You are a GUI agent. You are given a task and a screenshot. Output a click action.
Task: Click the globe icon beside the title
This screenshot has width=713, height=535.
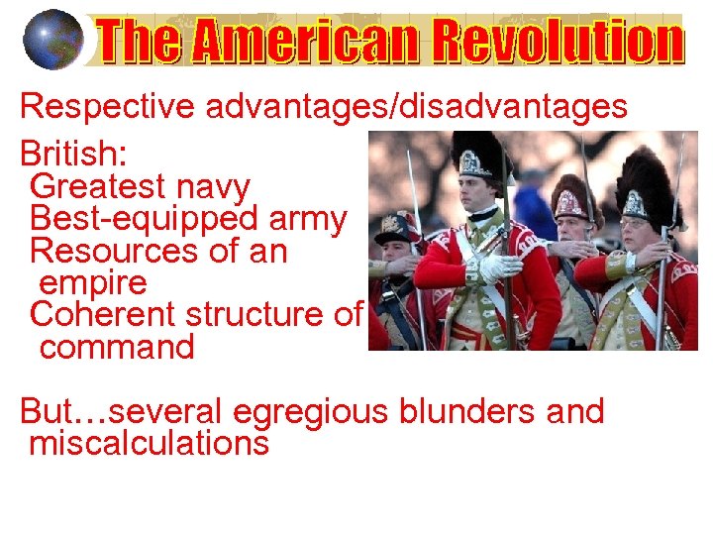click(52, 39)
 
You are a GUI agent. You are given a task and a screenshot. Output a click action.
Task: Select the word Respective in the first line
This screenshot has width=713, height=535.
click(107, 106)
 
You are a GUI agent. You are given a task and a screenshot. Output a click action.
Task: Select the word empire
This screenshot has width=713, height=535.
click(93, 283)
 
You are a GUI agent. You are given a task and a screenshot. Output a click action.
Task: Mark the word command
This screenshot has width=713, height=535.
click(117, 348)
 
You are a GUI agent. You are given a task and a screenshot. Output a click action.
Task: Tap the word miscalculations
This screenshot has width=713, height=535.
click(149, 443)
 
